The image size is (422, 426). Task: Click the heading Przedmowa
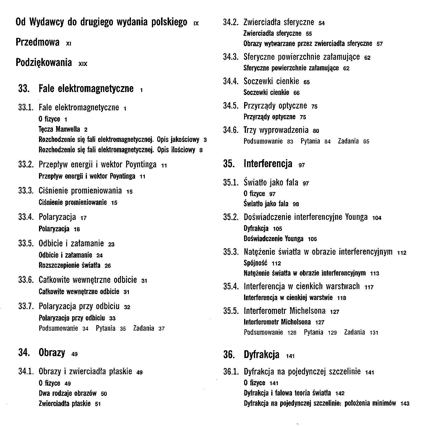(x=38, y=43)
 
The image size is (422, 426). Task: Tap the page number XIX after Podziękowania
(x=83, y=64)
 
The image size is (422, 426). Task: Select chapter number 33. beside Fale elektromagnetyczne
(x=24, y=88)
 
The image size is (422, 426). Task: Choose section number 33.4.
(x=26, y=217)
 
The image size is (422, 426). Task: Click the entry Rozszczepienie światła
(x=69, y=265)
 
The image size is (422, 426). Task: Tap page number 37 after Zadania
(x=161, y=329)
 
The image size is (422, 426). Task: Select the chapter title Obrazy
(x=52, y=353)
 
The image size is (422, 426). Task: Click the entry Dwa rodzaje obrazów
(x=68, y=393)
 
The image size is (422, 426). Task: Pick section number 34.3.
(x=231, y=57)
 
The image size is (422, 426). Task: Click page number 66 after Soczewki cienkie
(x=296, y=93)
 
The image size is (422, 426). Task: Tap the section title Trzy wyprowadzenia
(x=276, y=130)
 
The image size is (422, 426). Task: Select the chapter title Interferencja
(x=268, y=164)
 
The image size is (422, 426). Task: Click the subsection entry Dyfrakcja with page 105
(x=256, y=228)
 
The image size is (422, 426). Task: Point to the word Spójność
(x=255, y=263)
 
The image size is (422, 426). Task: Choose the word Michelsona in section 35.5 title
(x=307, y=311)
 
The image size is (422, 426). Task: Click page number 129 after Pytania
(x=332, y=333)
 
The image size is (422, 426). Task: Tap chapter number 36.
(x=229, y=354)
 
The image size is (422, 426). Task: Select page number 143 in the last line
(x=405, y=404)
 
